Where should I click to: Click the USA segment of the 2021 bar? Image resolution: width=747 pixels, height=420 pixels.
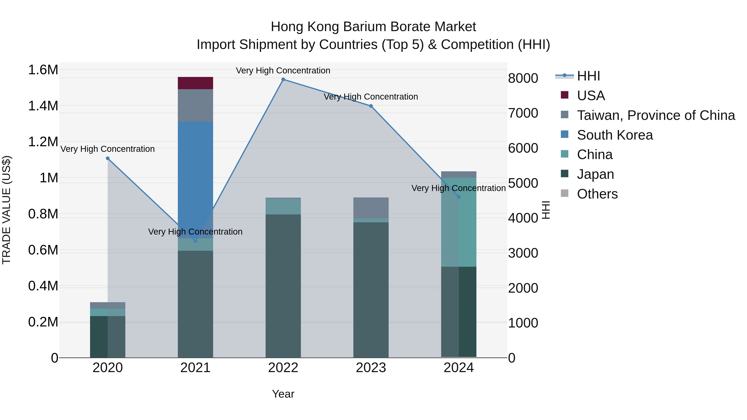pyautogui.click(x=195, y=83)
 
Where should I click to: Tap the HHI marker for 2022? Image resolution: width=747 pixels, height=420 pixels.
pyautogui.click(x=283, y=79)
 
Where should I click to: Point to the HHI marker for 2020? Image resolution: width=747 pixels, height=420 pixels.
pyautogui.click(x=107, y=158)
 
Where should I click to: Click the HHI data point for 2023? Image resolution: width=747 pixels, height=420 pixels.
pyautogui.click(x=371, y=106)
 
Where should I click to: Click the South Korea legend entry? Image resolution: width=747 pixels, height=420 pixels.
pyautogui.click(x=615, y=135)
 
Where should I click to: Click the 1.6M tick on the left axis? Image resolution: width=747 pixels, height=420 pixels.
pyautogui.click(x=43, y=70)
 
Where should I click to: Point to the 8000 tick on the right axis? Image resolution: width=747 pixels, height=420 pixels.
pyautogui.click(x=523, y=78)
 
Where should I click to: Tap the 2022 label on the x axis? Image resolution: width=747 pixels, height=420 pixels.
pyautogui.click(x=283, y=368)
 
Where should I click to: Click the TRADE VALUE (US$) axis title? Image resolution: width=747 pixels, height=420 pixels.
pyautogui.click(x=7, y=210)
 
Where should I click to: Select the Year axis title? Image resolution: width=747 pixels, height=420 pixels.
pyautogui.click(x=283, y=394)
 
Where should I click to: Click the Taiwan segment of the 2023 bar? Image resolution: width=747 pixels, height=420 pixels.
pyautogui.click(x=371, y=208)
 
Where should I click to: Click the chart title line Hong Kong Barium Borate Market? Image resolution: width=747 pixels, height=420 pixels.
pyautogui.click(x=373, y=27)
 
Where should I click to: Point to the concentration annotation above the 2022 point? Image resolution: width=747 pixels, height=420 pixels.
pyautogui.click(x=283, y=71)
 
